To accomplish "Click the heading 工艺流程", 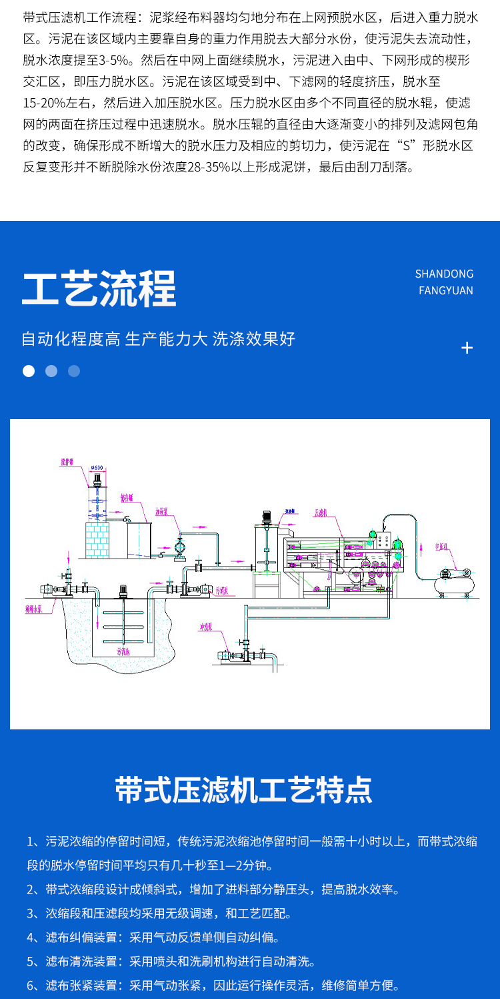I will point(99,288).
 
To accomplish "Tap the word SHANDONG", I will point(444,274).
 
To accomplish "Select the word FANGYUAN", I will point(446,290).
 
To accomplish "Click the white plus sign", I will point(467,348).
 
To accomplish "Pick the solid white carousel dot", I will point(29,371).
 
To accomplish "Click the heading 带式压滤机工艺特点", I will point(243,789).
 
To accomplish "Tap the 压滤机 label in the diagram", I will point(322,513).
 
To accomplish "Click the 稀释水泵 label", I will point(35,608).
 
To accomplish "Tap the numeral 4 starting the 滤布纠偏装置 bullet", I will point(31,938).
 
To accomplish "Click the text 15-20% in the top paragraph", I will point(47,103).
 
